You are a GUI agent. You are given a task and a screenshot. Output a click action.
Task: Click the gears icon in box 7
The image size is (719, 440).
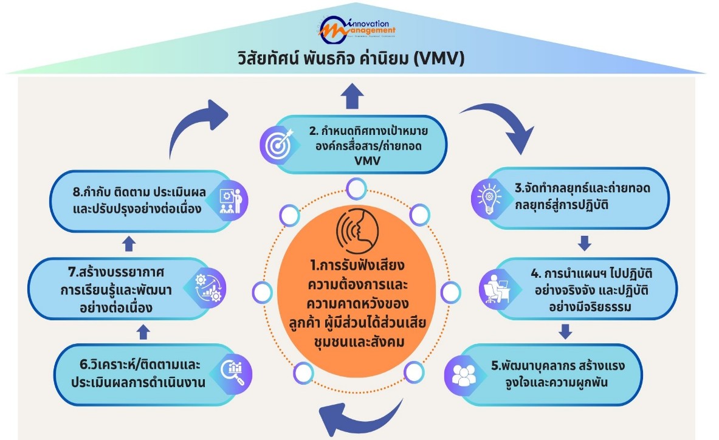pyautogui.click(x=206, y=288)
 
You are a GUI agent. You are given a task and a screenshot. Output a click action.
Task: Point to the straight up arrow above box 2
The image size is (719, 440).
pyautogui.click(x=353, y=96)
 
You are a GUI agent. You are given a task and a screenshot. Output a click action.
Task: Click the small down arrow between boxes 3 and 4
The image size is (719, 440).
pyautogui.click(x=584, y=244)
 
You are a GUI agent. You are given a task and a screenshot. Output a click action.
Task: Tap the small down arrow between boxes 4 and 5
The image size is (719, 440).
pyautogui.click(x=565, y=331)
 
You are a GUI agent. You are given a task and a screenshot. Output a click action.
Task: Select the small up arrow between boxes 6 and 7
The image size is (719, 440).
pyautogui.click(x=143, y=331)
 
